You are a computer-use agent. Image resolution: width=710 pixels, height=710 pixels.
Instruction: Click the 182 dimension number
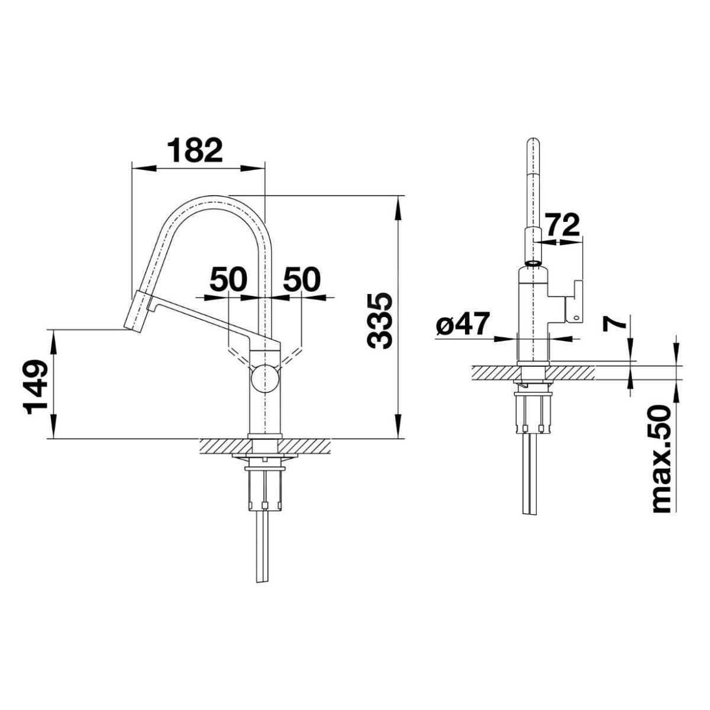(195, 150)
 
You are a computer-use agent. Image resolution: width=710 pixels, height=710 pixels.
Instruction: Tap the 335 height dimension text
(379, 321)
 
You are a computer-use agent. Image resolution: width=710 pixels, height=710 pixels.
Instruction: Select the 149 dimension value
(35, 387)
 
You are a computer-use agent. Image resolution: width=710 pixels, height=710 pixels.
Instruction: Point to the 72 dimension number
(563, 225)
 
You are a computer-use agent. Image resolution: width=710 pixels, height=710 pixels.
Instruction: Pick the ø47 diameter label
(463, 324)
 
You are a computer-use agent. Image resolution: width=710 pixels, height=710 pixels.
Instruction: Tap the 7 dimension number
(614, 323)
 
